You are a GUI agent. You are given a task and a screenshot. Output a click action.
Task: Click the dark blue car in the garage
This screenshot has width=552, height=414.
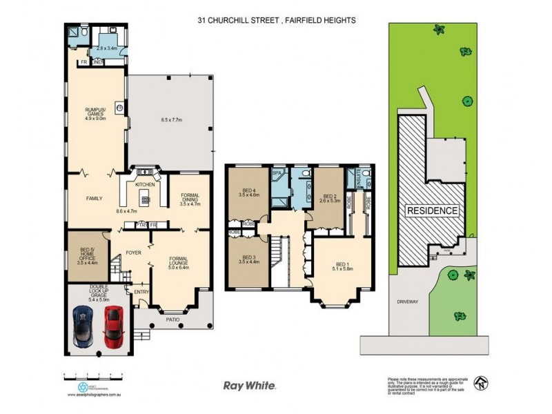pyautogui.click(x=83, y=326)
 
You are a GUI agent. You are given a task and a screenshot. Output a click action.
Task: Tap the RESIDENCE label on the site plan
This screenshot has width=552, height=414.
pyautogui.click(x=432, y=210)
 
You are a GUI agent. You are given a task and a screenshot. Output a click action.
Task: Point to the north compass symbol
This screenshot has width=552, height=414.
pyautogui.click(x=480, y=382)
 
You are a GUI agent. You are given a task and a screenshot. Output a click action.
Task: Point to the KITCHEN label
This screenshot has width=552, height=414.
pyautogui.click(x=145, y=185)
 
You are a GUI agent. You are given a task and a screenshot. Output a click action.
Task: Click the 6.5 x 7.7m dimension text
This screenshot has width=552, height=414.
pyautogui.click(x=170, y=120)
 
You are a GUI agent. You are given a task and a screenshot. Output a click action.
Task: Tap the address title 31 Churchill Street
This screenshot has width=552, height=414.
pyautogui.click(x=275, y=21)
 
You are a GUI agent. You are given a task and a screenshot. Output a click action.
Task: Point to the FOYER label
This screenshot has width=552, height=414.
pyautogui.click(x=134, y=253)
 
